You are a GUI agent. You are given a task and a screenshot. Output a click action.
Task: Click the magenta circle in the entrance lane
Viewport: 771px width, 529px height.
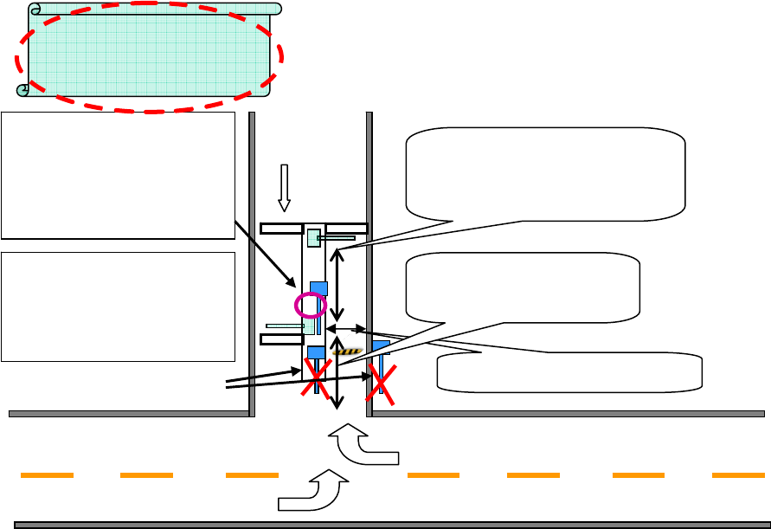pos(310,305)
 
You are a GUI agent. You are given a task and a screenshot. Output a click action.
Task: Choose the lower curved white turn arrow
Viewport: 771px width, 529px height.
pos(312,491)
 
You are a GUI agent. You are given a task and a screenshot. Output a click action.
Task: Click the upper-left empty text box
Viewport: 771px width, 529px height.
pos(119,175)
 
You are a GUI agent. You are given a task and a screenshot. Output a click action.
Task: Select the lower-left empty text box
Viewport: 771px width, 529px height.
pos(119,306)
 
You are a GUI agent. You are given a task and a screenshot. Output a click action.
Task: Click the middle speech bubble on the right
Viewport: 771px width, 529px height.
pos(523,286)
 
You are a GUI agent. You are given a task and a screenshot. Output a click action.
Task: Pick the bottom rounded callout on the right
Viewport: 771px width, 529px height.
pos(571,371)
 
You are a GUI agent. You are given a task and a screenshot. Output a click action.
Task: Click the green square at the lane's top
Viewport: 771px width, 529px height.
pos(313,237)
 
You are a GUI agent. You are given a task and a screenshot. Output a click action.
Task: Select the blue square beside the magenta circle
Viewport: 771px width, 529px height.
pos(318,287)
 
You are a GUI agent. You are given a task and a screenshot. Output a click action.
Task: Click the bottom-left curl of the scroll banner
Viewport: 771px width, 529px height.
pos(23,89)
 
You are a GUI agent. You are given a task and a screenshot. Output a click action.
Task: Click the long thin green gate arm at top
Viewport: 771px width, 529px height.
pos(338,236)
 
